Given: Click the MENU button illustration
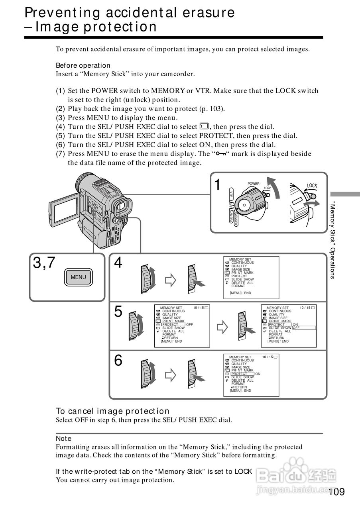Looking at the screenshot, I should click(78, 277).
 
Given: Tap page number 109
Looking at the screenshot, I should click(337, 492).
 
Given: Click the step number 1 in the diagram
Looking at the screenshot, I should click(217, 185).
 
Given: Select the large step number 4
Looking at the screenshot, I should click(118, 263).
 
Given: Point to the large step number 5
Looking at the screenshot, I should click(118, 312).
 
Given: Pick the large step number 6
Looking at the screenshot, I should click(118, 361).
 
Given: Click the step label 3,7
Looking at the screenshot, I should click(44, 263).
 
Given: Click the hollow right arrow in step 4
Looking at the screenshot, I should click(171, 280).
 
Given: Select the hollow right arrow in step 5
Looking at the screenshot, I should click(222, 328).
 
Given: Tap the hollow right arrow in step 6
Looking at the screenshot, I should click(171, 375).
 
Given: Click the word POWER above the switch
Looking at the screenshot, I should click(254, 184).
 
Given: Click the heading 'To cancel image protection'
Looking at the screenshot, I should click(112, 411).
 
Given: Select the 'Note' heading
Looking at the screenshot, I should click(63, 438).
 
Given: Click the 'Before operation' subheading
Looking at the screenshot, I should click(83, 65).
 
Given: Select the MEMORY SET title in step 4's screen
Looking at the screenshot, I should click(240, 259).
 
